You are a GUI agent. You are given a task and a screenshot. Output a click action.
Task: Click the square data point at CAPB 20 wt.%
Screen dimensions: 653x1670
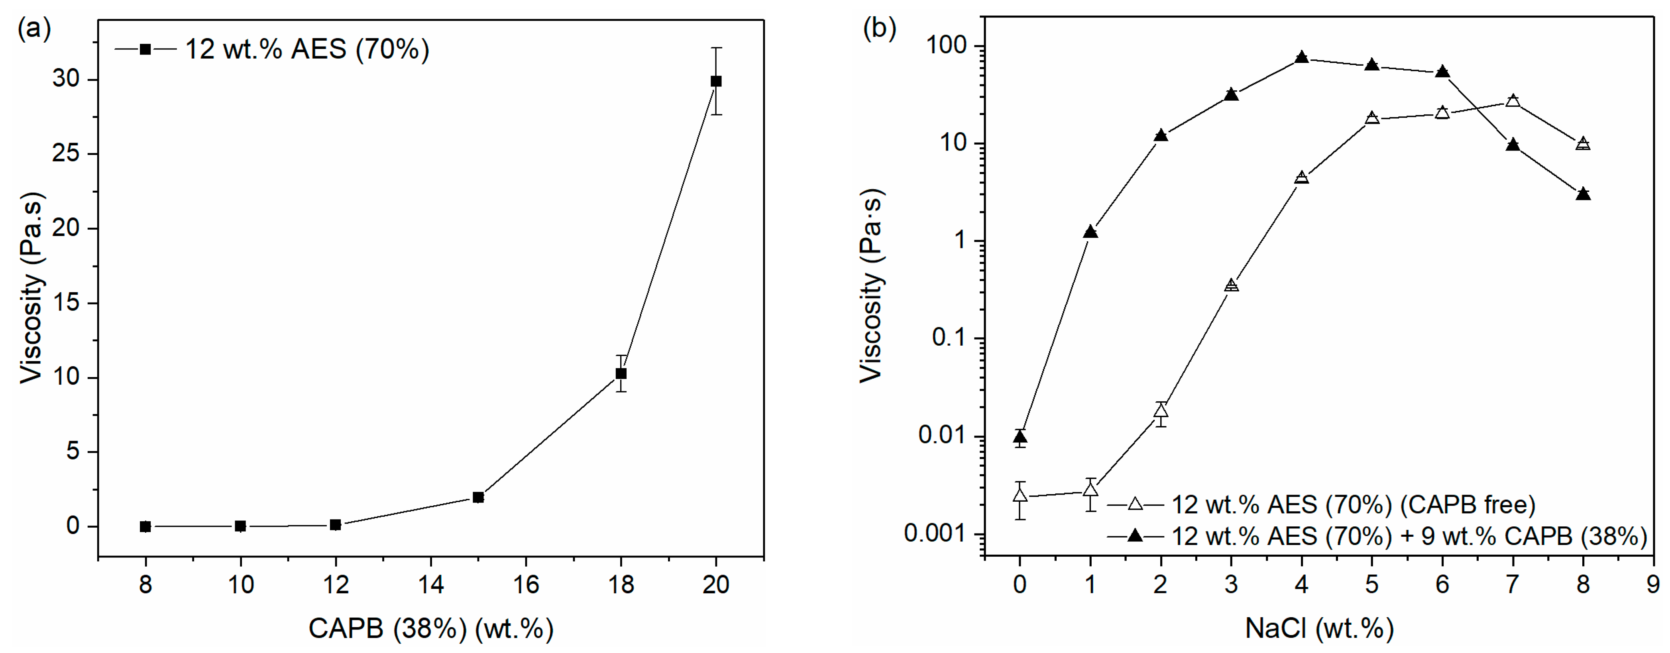(x=716, y=81)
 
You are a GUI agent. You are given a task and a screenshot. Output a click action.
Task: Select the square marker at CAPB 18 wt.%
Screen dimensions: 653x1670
(x=621, y=374)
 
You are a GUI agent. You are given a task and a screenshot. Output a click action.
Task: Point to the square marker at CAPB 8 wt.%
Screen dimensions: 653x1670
(x=145, y=527)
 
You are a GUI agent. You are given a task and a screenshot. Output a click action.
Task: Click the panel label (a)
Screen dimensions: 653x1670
(x=34, y=29)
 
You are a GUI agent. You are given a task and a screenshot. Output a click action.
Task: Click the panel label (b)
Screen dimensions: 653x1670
(x=879, y=29)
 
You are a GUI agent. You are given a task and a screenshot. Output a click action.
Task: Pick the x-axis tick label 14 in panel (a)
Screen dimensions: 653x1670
(x=430, y=585)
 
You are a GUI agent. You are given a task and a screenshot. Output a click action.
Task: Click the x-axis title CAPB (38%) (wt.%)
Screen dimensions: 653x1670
(x=430, y=628)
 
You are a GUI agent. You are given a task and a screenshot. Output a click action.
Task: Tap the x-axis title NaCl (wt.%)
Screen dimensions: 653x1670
(x=1319, y=628)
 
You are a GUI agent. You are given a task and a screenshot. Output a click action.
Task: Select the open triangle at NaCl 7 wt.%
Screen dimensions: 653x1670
(x=1513, y=100)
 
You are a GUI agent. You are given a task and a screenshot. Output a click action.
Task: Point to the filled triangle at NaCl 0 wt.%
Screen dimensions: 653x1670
(x=1020, y=437)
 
